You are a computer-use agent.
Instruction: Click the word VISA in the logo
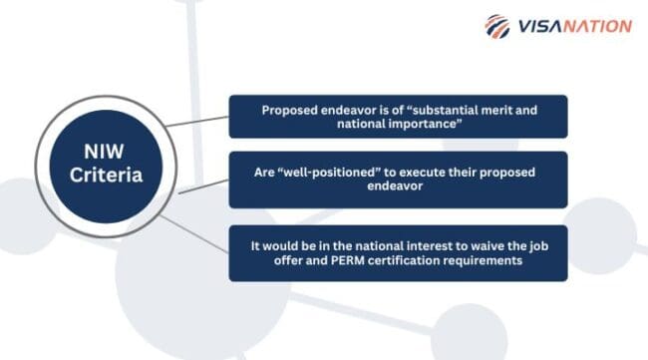538,27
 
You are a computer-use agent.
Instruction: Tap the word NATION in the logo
598,27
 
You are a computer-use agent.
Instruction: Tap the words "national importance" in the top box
398,126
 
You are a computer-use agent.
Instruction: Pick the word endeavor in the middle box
398,186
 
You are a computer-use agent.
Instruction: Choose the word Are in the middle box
265,172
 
